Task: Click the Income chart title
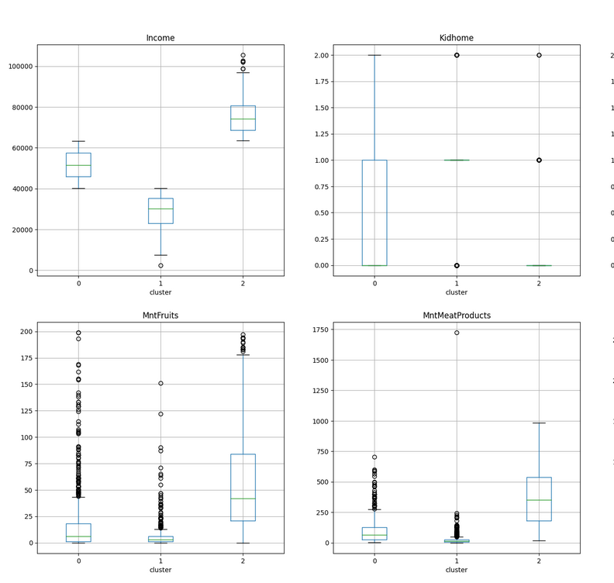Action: point(160,38)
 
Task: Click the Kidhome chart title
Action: point(457,38)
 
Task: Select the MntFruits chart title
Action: point(160,316)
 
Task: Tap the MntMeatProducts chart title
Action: point(457,316)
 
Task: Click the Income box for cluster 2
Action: point(243,118)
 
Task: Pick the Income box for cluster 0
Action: point(78,165)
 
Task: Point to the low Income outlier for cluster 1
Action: point(160,266)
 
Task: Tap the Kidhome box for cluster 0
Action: point(374,212)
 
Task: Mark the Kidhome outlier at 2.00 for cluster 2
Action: point(539,55)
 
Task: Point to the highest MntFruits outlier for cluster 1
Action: point(160,383)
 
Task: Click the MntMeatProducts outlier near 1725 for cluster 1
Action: point(457,333)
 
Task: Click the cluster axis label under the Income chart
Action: point(160,292)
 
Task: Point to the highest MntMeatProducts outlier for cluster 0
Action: point(374,457)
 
